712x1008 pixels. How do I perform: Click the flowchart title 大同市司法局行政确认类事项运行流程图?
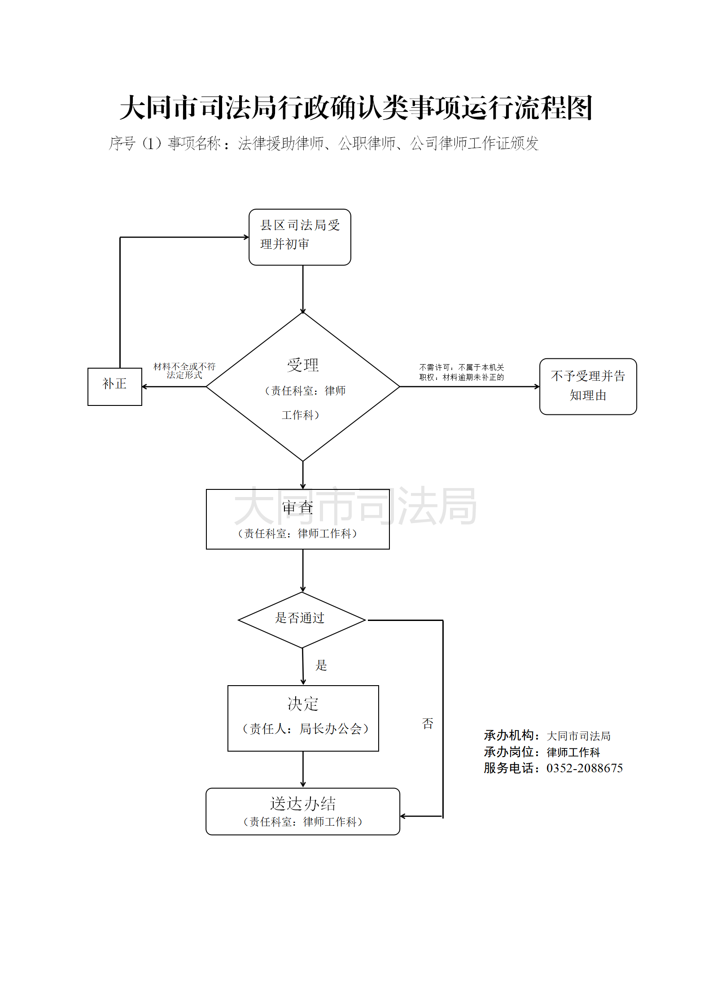(356, 108)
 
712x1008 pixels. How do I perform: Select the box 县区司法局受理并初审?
(300, 237)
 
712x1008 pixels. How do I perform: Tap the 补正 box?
(115, 386)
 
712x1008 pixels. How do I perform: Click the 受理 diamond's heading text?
(303, 365)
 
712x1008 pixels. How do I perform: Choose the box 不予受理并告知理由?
(588, 386)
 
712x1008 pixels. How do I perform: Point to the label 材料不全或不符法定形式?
(184, 371)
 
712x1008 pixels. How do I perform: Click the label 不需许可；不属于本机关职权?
(462, 372)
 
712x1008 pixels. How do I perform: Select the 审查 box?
(297, 519)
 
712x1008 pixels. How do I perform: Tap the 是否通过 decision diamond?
(301, 620)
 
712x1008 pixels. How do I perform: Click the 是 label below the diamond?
(321, 665)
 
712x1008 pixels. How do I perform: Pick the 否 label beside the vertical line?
(428, 723)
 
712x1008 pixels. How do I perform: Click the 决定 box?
(303, 718)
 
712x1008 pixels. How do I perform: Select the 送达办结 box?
(302, 811)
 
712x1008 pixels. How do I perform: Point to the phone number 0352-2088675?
(584, 768)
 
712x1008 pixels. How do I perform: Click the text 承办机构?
(509, 735)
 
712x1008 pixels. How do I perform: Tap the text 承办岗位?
(509, 752)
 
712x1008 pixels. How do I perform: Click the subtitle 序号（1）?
(135, 143)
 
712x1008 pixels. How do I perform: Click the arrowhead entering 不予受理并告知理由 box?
(537, 387)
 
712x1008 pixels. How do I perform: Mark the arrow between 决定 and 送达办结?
(303, 770)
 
